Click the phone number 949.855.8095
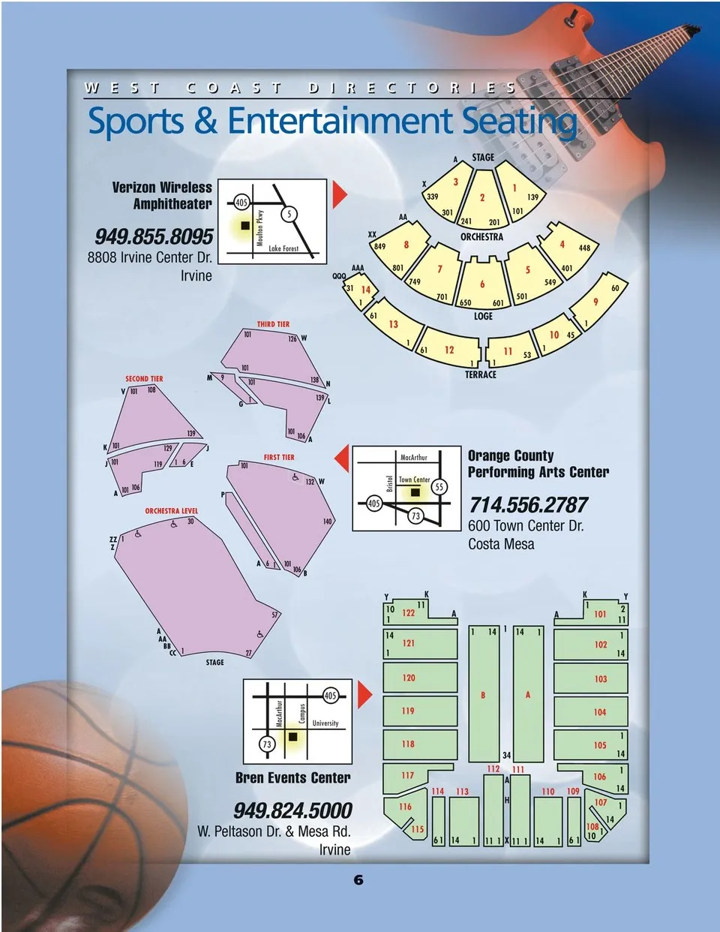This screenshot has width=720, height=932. [154, 236]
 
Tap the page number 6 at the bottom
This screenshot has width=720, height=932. [358, 880]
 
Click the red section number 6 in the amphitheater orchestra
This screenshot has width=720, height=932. [482, 284]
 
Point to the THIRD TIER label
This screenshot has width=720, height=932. [273, 324]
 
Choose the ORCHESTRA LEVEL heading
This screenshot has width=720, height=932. [172, 511]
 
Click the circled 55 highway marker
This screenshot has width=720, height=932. [439, 486]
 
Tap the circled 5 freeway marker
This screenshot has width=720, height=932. [289, 215]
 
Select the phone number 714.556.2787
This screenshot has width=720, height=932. [529, 505]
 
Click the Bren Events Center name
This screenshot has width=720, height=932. [293, 778]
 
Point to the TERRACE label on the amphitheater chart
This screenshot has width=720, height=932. [481, 374]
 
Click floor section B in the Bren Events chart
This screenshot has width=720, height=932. [483, 695]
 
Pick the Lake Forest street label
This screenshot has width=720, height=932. [283, 248]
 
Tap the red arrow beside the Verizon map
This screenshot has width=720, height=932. [340, 194]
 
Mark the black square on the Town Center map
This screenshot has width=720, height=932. [414, 492]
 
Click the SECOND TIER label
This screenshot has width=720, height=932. [144, 379]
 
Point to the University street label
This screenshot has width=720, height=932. [325, 723]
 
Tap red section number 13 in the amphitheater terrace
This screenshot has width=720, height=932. [394, 324]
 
